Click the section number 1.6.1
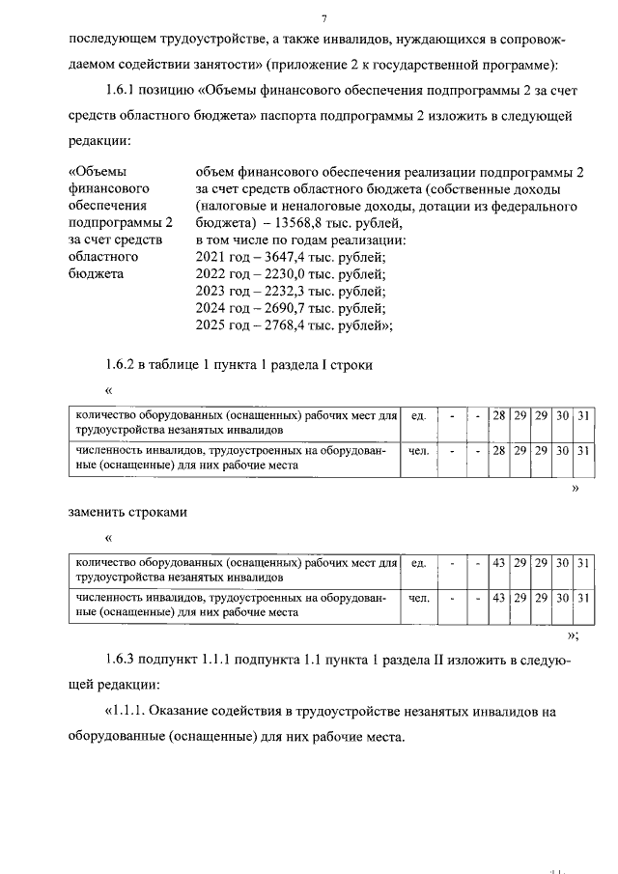pos(121,91)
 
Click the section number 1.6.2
pos(121,365)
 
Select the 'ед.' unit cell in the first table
pos(418,415)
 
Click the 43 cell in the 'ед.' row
pos(499,562)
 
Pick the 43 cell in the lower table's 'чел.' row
pos(499,598)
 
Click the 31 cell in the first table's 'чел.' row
pos(582,450)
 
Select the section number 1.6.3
pos(121,659)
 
